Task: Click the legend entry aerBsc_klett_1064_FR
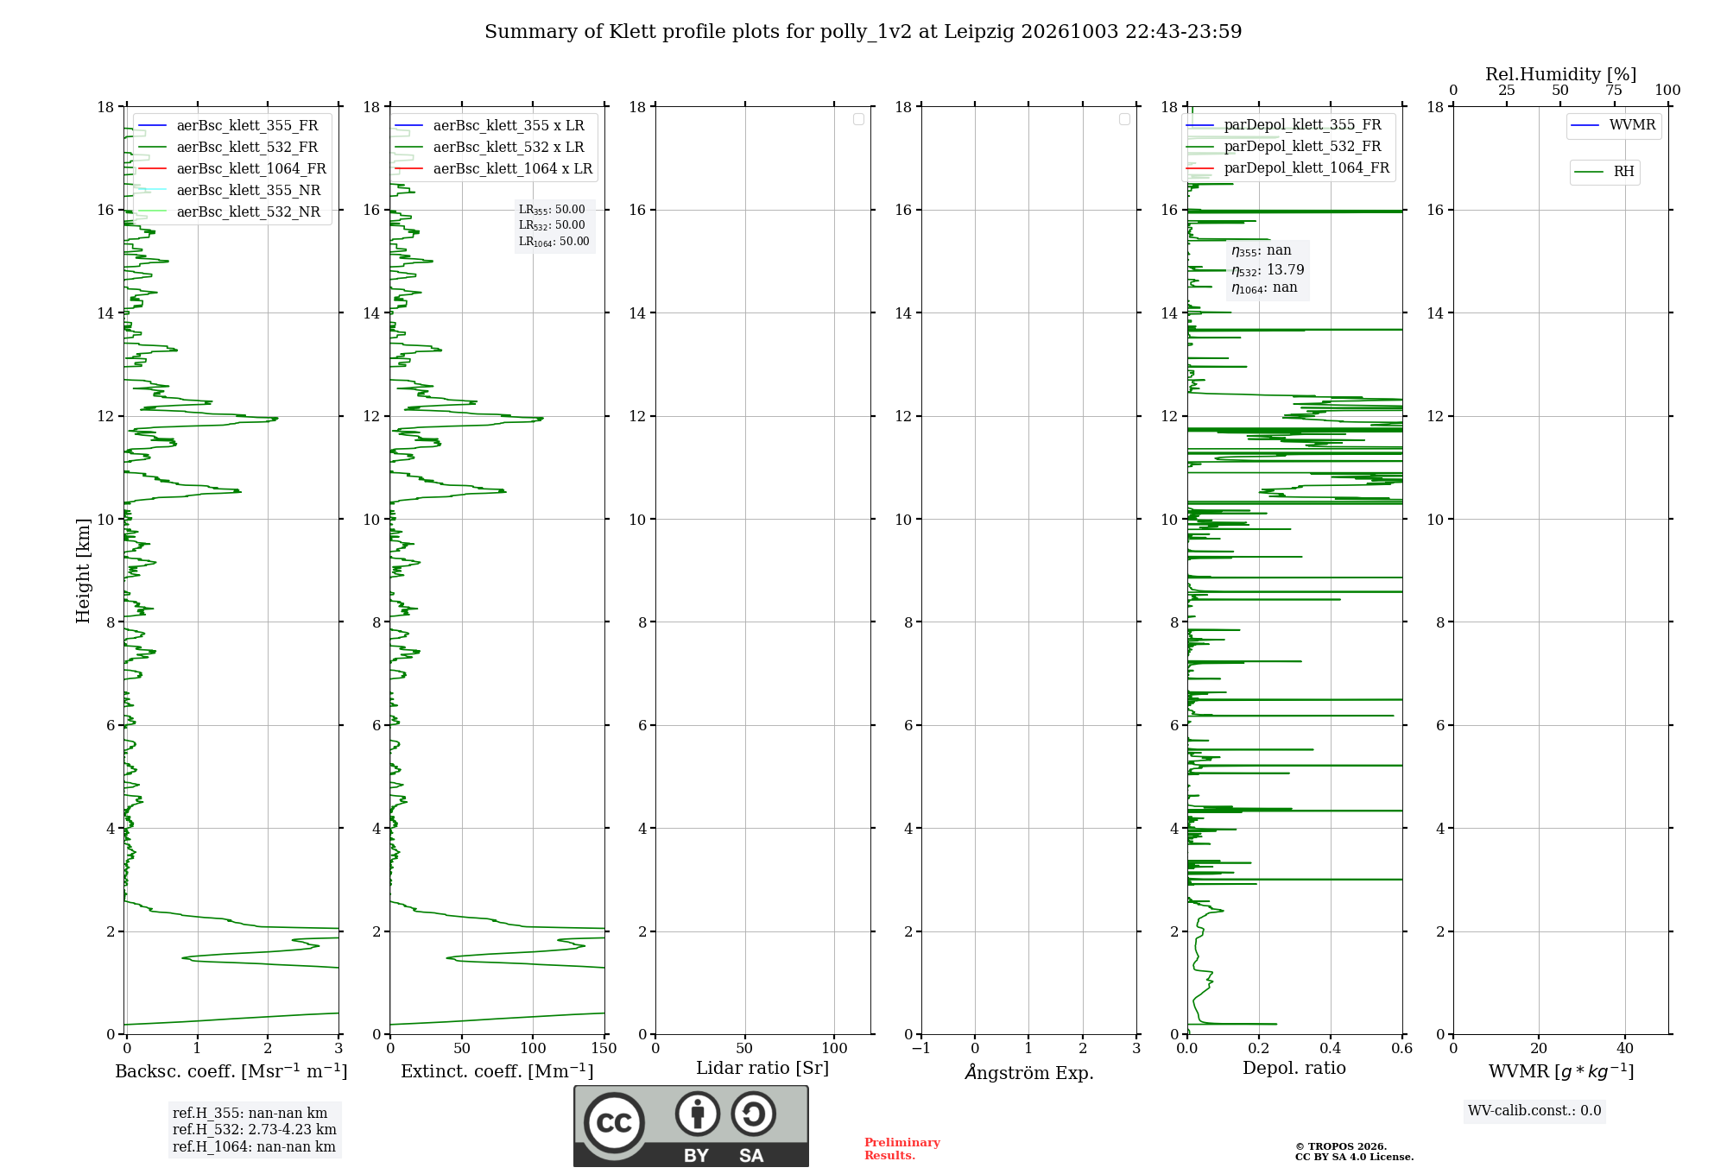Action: (232, 168)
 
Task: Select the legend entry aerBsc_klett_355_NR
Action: (230, 190)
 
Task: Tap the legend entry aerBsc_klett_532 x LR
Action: (490, 147)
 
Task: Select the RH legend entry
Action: (1604, 172)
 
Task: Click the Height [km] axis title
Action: (83, 571)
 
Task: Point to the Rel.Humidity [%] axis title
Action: (1561, 74)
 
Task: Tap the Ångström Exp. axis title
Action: (1029, 1072)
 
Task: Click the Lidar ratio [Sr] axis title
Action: (762, 1069)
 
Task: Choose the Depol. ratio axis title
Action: (1294, 1068)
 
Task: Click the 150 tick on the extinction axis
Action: (604, 1048)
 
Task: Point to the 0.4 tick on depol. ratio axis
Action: (1331, 1048)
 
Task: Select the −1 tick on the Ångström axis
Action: (921, 1048)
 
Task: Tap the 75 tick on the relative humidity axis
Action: (1614, 90)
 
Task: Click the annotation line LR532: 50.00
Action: (552, 225)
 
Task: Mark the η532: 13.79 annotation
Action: (1268, 270)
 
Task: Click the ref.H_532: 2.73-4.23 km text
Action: (255, 1129)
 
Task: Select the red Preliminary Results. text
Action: (902, 1149)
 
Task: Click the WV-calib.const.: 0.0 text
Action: (1534, 1111)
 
